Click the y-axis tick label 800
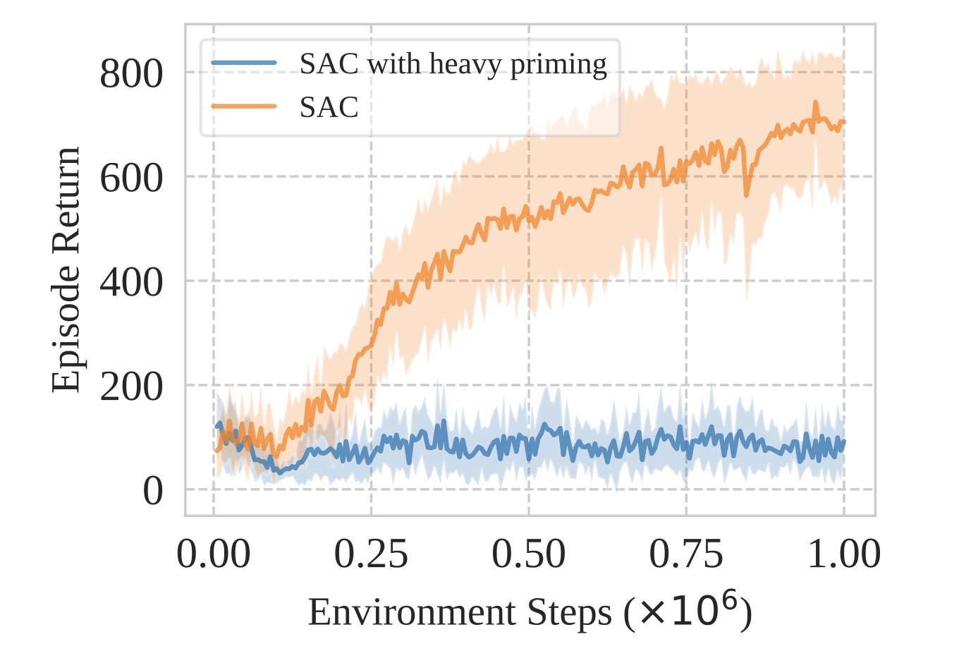click(131, 73)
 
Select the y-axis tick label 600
click(131, 178)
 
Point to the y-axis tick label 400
click(131, 282)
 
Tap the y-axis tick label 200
click(131, 387)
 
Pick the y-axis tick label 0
click(152, 491)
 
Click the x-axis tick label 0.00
click(213, 554)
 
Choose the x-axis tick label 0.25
click(371, 554)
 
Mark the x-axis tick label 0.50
click(528, 554)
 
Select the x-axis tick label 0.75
click(686, 554)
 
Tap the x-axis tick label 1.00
click(843, 554)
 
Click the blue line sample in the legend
click(243, 63)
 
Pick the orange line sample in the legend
click(243, 107)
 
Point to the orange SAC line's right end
click(843, 122)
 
